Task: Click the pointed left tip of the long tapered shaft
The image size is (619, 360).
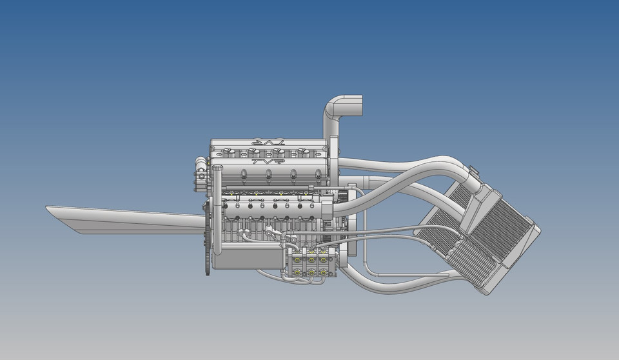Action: (49, 208)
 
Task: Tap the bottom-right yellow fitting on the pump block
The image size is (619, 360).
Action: (327, 272)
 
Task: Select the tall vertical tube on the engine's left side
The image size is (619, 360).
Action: (217, 206)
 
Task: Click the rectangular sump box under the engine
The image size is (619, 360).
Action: (248, 259)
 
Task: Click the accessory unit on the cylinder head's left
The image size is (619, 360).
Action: (200, 174)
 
